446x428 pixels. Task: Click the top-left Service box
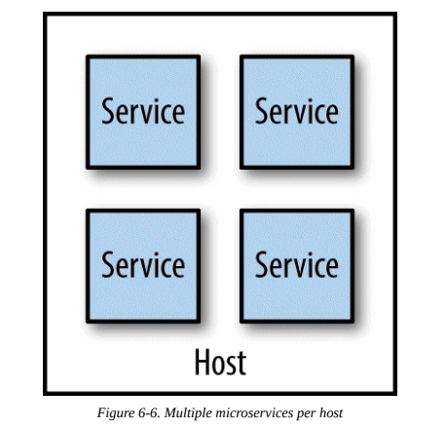coord(143,112)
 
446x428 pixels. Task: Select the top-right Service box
coord(297,112)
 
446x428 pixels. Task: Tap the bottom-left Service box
coord(143,266)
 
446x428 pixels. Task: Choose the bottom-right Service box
coord(297,266)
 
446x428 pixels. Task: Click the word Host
coord(220,362)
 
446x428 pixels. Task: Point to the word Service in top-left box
coord(143,111)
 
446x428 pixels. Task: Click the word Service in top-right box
coord(297,111)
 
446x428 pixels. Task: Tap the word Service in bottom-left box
coord(143,265)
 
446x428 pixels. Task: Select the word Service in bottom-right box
coord(297,265)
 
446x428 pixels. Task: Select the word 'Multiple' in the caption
coord(188,413)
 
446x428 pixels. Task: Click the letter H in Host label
coord(202,362)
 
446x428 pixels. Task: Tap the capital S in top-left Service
coord(108,111)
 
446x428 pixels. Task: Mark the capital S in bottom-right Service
coord(262,265)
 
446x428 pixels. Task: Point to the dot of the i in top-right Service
coord(306,100)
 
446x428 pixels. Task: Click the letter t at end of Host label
coord(242,364)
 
